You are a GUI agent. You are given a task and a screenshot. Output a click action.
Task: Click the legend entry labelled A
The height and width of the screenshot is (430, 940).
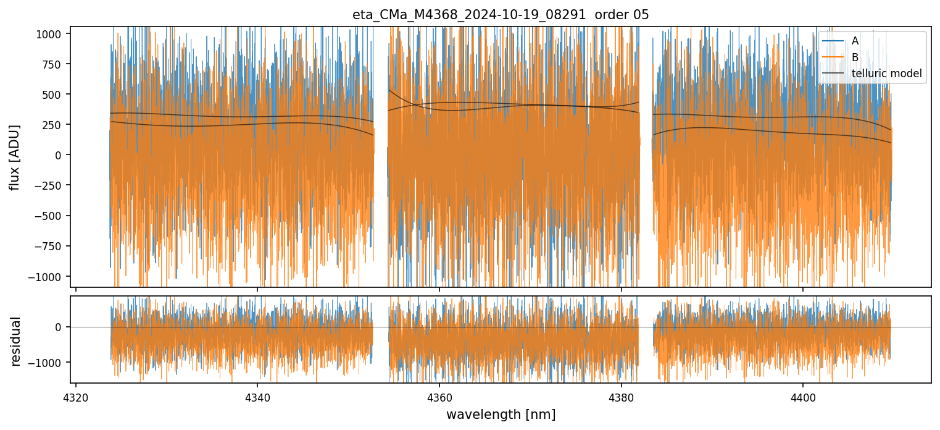pyautogui.click(x=855, y=41)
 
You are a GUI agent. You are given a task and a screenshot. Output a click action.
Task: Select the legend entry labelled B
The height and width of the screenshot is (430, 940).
pyautogui.click(x=855, y=57)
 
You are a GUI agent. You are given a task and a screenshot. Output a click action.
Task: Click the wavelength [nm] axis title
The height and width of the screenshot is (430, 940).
pyautogui.click(x=501, y=414)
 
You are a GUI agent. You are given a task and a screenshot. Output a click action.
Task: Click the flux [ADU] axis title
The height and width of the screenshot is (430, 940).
pyautogui.click(x=14, y=157)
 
